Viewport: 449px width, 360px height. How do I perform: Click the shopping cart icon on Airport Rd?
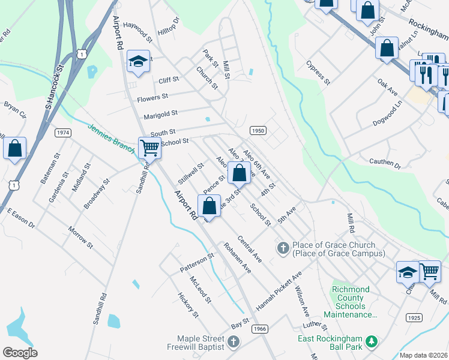[149, 146]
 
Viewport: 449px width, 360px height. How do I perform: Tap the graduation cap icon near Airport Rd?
[138, 61]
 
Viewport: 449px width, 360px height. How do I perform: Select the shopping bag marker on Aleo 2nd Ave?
[239, 173]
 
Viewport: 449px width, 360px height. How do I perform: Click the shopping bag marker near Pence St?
[209, 206]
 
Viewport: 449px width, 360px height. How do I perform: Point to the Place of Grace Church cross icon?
[283, 247]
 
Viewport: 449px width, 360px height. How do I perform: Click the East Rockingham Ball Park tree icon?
[372, 341]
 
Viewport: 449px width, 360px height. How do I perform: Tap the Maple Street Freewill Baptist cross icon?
[234, 342]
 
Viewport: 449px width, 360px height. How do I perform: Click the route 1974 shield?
[63, 132]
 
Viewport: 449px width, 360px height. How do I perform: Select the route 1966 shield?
[259, 328]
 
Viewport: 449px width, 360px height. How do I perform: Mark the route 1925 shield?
[414, 317]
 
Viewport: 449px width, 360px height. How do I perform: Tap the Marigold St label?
[160, 113]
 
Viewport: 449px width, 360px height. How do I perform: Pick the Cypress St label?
[318, 71]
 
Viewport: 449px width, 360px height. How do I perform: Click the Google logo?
[20, 353]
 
